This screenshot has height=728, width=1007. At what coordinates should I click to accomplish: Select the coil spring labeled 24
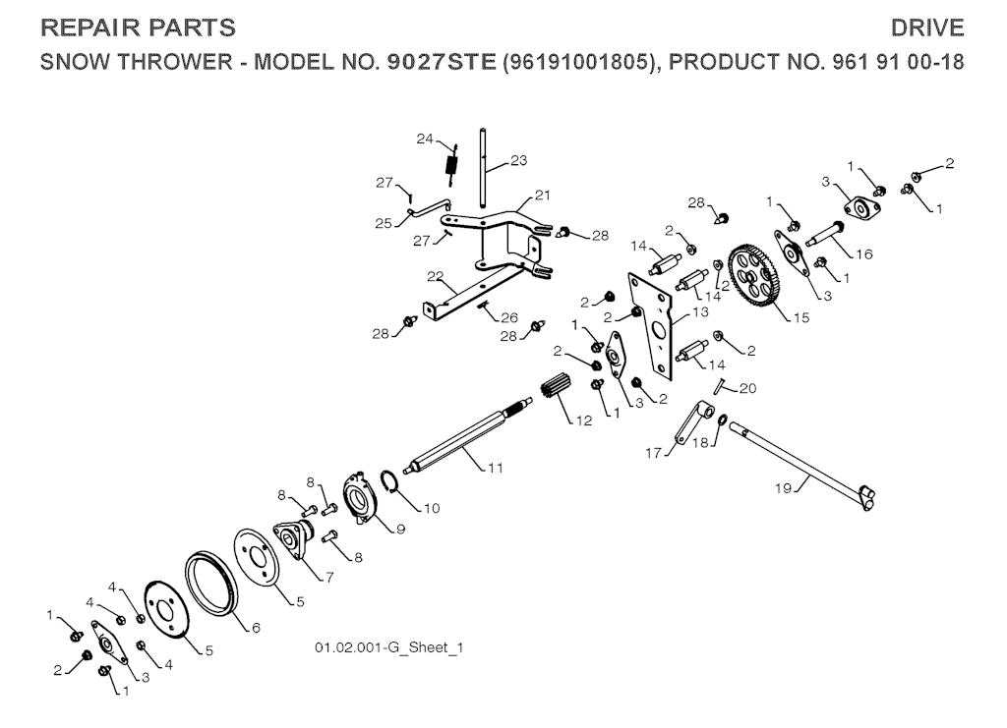452,161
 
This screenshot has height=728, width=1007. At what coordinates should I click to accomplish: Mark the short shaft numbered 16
824,236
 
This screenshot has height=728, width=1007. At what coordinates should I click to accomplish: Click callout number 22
434,275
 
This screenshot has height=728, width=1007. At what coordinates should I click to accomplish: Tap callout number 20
748,388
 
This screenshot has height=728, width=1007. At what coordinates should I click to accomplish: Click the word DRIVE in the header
927,28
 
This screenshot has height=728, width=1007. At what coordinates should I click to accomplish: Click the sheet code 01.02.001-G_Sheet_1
388,648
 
